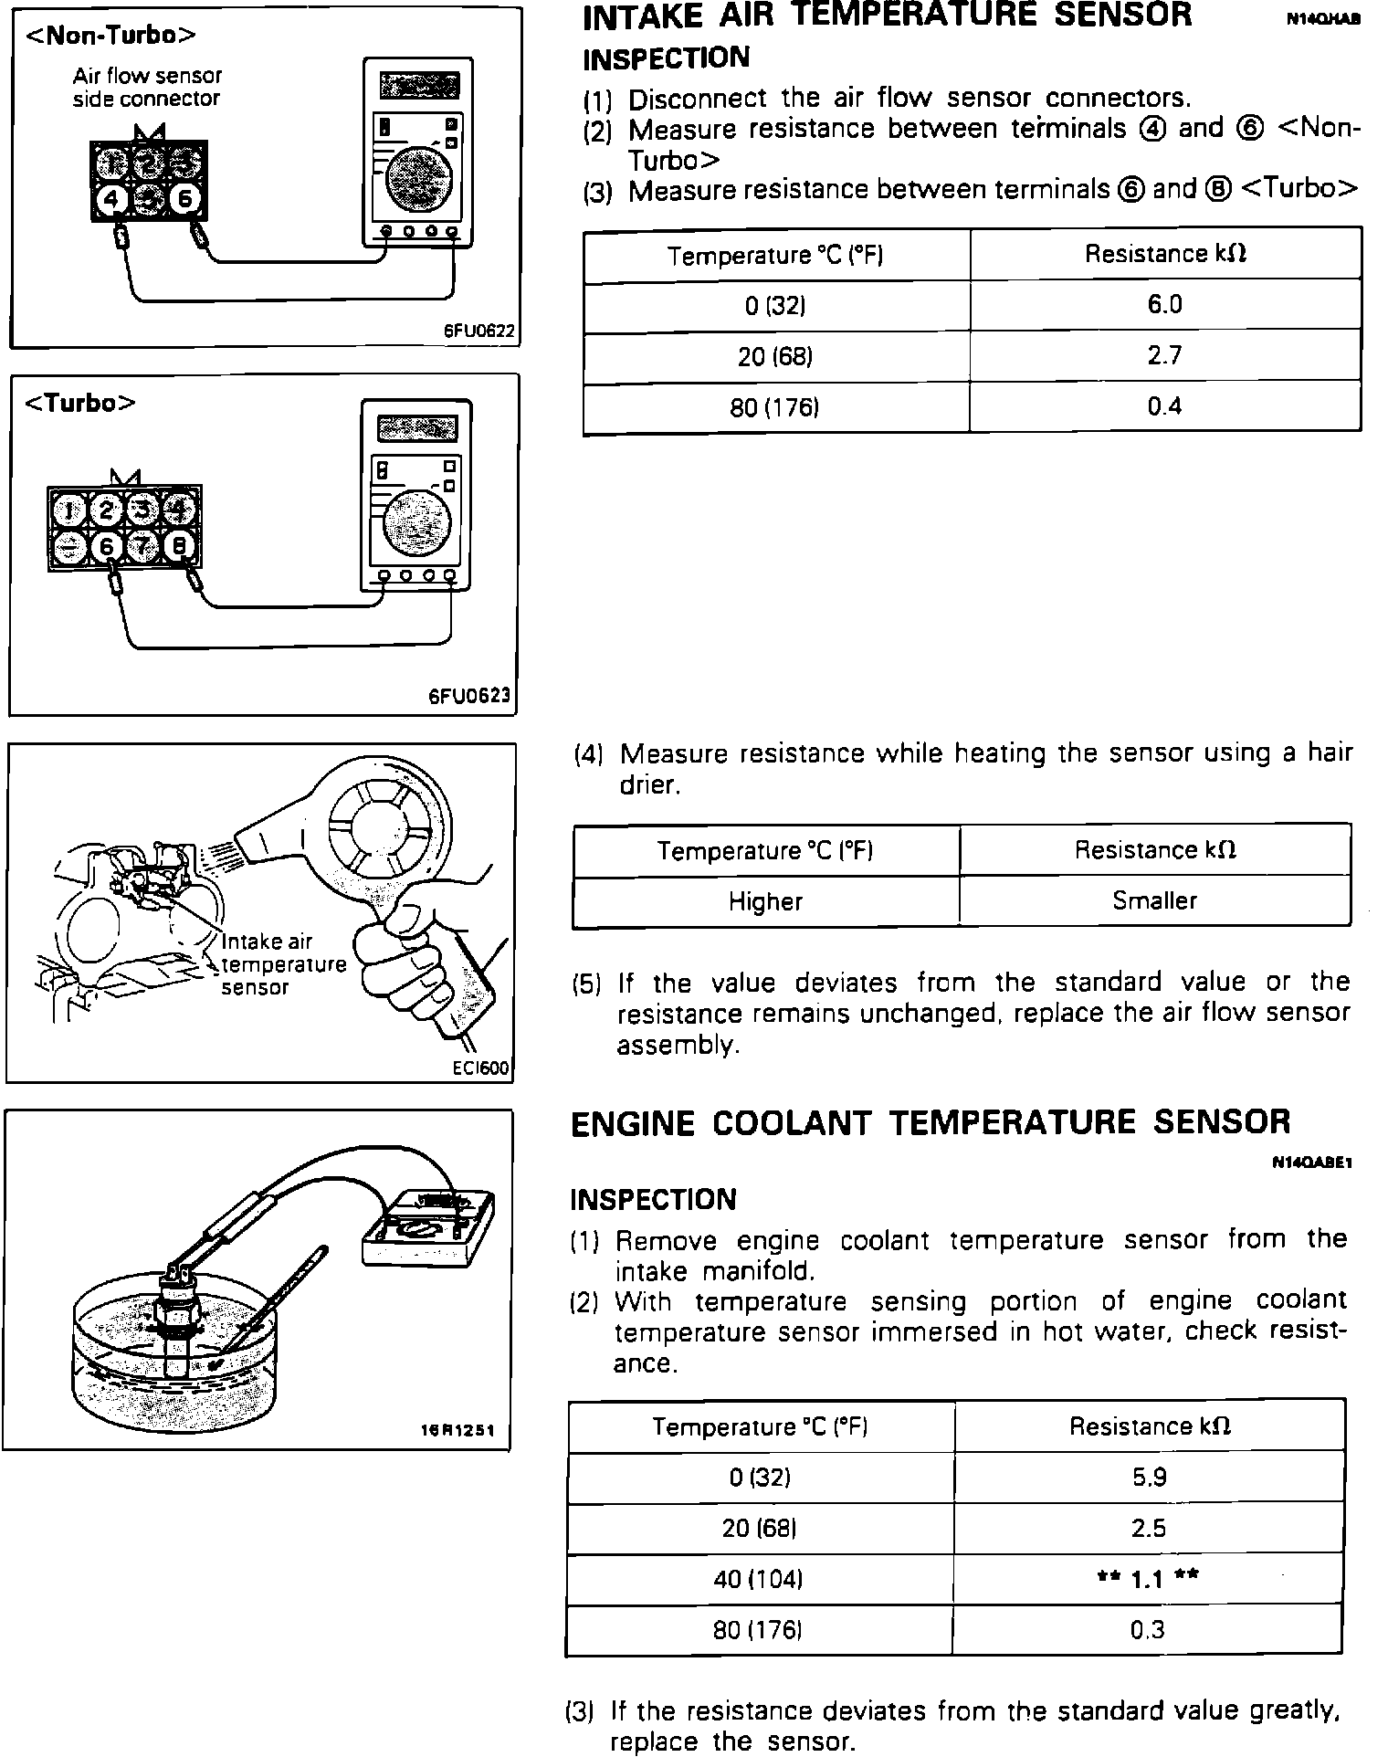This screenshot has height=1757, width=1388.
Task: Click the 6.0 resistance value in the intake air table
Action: click(1164, 304)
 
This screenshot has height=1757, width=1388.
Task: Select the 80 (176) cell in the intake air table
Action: click(774, 407)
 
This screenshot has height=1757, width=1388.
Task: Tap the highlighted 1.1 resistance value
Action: click(1148, 1579)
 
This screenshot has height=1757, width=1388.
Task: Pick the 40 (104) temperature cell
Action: click(758, 1579)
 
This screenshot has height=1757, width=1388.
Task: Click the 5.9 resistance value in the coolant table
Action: click(1149, 1477)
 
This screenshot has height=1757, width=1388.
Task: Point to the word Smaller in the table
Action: click(1154, 900)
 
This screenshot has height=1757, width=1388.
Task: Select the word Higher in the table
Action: click(765, 901)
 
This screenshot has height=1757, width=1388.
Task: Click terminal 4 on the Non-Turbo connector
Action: click(111, 198)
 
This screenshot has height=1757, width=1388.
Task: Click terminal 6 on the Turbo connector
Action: click(108, 547)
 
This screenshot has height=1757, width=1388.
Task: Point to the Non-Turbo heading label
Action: click(110, 35)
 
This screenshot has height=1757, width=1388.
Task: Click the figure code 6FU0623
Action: click(469, 697)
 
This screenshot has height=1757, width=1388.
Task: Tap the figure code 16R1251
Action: click(456, 1430)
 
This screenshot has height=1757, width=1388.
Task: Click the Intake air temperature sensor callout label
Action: click(283, 964)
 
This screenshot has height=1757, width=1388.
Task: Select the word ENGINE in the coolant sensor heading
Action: click(632, 1122)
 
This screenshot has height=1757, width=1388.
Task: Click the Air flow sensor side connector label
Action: click(147, 87)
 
